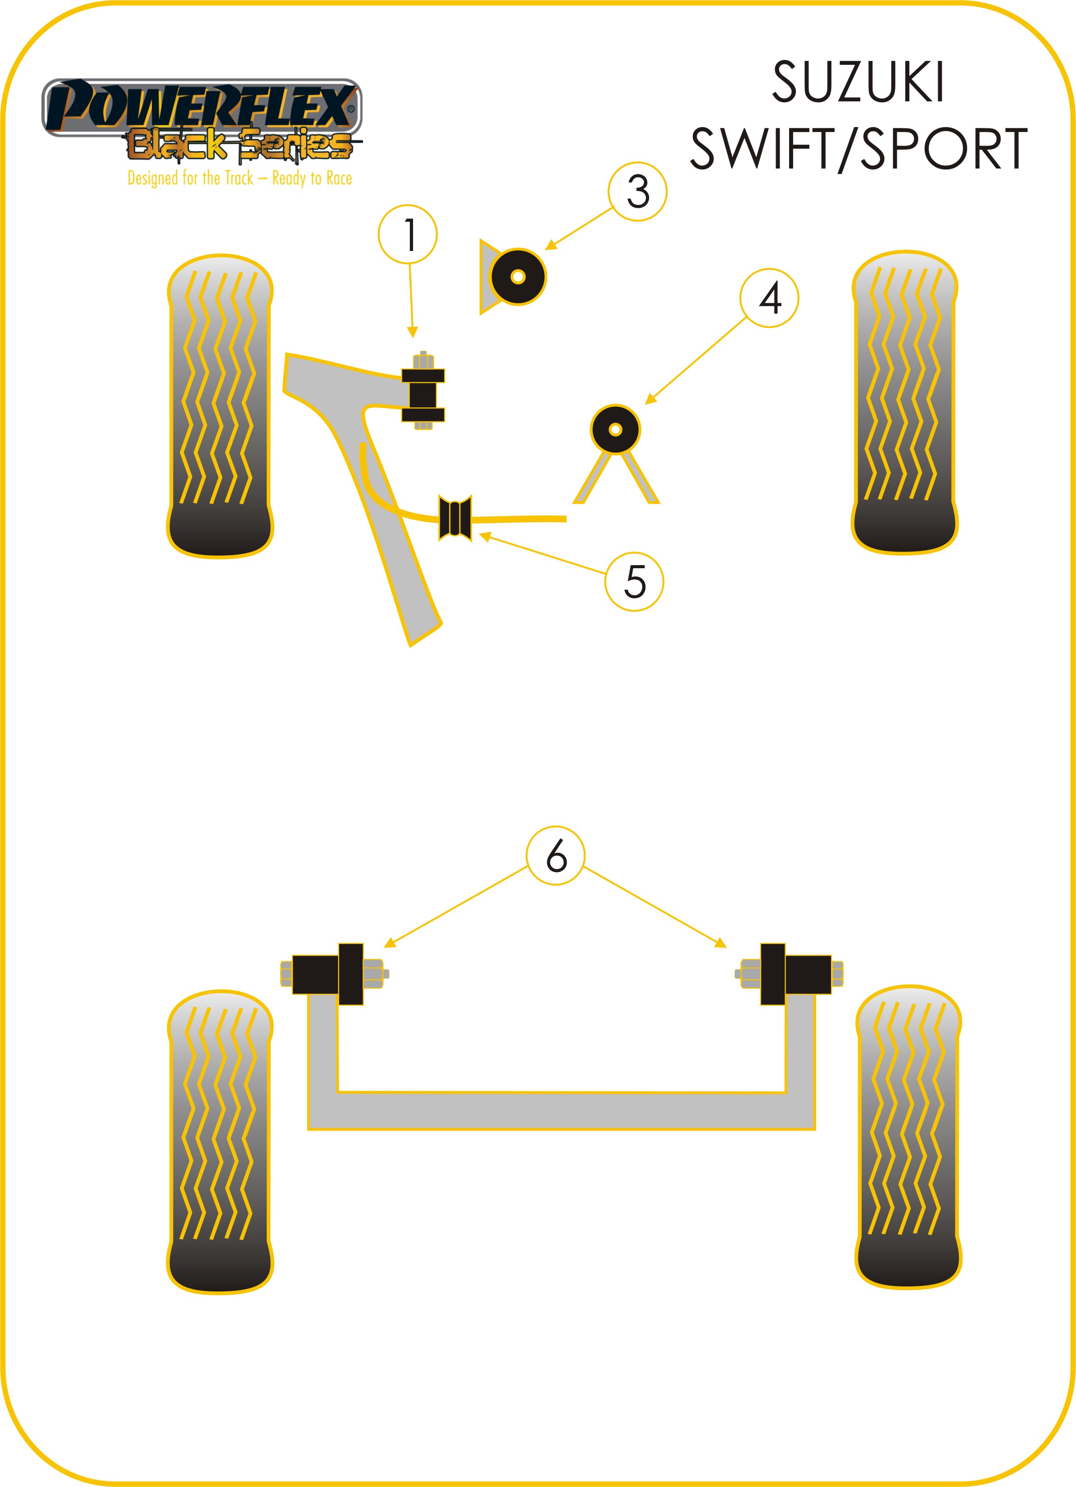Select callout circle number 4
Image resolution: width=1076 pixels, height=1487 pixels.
click(x=769, y=298)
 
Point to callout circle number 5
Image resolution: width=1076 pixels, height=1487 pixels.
click(x=634, y=582)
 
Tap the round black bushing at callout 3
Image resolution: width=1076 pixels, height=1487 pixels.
click(x=517, y=277)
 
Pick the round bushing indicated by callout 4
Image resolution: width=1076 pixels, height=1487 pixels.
click(x=615, y=429)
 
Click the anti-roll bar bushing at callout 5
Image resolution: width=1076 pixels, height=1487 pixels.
click(x=455, y=518)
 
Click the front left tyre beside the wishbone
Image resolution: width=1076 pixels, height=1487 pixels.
click(x=220, y=406)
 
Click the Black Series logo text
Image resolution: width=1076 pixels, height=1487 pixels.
click(x=239, y=145)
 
